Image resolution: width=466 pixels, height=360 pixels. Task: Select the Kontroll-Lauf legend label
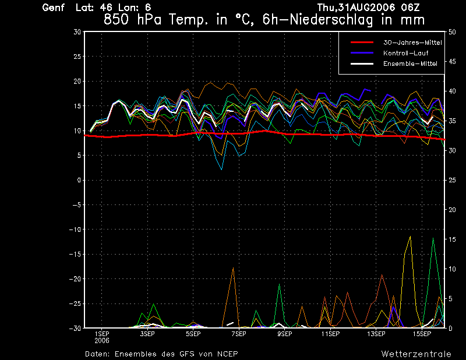403,53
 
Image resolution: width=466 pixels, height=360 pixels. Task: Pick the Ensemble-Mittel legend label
408,63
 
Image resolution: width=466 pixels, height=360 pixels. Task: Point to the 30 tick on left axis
77,32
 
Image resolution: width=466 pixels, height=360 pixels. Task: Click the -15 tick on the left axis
75,255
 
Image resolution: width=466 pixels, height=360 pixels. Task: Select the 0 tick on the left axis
79,181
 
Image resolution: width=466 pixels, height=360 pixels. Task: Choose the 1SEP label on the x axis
102,334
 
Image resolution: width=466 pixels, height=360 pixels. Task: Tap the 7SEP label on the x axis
239,334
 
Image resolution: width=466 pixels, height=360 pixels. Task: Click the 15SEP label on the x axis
422,334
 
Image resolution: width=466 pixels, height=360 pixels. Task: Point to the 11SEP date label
330,334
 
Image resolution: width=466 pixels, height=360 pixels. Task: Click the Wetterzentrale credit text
416,354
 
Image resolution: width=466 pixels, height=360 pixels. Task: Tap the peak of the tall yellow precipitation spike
411,236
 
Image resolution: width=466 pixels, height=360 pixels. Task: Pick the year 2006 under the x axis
102,340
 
